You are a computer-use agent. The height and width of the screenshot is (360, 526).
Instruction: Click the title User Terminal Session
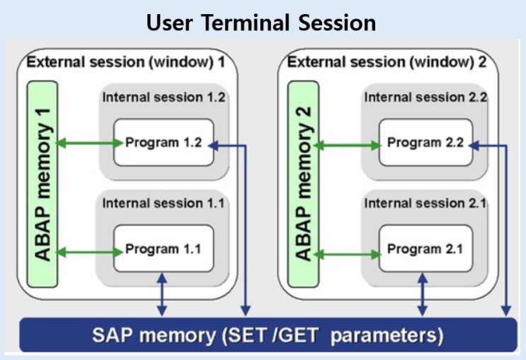tap(261, 23)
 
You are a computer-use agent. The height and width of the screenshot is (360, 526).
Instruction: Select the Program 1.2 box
tap(164, 143)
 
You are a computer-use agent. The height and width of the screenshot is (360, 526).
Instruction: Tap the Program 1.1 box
tap(164, 249)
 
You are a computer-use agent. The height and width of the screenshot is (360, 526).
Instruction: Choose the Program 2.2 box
tap(425, 143)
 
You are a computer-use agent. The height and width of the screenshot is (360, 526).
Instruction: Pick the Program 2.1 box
tap(425, 249)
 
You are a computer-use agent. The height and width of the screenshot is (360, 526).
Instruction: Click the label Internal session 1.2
tap(164, 97)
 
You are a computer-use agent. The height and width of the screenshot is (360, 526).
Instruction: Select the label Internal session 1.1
tap(164, 204)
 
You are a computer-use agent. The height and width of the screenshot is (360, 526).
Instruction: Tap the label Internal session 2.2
tap(425, 97)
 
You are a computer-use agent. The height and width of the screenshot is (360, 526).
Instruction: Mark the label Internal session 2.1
tap(425, 204)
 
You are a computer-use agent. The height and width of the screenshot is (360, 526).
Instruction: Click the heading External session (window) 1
tap(125, 62)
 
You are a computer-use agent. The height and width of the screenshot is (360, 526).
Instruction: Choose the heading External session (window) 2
tap(387, 62)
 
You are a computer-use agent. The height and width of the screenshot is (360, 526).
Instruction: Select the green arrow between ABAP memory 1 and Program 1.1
tap(88, 250)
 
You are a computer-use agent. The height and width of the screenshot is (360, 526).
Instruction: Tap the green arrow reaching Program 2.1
tap(350, 250)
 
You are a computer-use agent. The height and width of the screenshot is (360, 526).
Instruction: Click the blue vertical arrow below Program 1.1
tap(162, 297)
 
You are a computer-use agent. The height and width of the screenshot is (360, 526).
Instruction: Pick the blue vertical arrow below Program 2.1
tap(423, 297)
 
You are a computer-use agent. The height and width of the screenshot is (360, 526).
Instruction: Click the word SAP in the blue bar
tap(112, 335)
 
